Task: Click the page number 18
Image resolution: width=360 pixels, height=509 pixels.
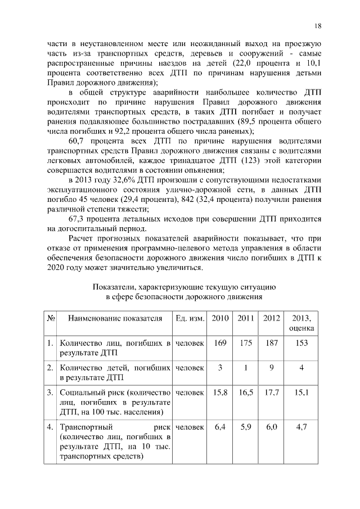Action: point(318,26)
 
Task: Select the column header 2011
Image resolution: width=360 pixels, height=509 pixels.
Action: point(245,318)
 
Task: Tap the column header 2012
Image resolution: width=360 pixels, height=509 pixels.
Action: point(271,318)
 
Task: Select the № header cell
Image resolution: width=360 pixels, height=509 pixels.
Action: point(51,318)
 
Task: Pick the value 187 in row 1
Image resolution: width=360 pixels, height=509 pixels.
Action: point(271,343)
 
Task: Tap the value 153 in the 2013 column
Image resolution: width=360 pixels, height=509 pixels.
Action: point(301,343)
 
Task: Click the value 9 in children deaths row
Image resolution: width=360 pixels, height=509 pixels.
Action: point(271,367)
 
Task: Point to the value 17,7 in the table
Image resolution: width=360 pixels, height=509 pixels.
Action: point(271,392)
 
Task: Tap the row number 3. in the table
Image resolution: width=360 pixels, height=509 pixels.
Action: point(51,392)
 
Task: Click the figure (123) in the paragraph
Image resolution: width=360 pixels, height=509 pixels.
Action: point(250,159)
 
